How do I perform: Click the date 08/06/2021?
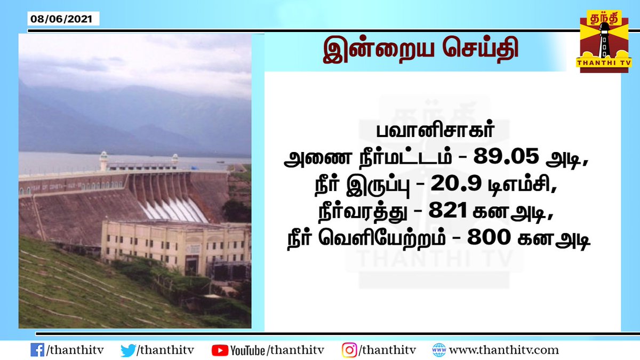(61, 19)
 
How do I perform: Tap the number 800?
(490, 239)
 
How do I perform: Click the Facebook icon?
(37, 350)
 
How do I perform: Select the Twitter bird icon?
(128, 350)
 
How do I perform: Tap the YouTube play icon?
(219, 350)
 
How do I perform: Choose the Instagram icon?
(349, 350)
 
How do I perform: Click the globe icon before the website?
(439, 350)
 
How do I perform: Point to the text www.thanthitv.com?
(503, 350)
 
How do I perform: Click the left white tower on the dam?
(103, 161)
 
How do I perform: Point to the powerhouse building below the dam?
(176, 246)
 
